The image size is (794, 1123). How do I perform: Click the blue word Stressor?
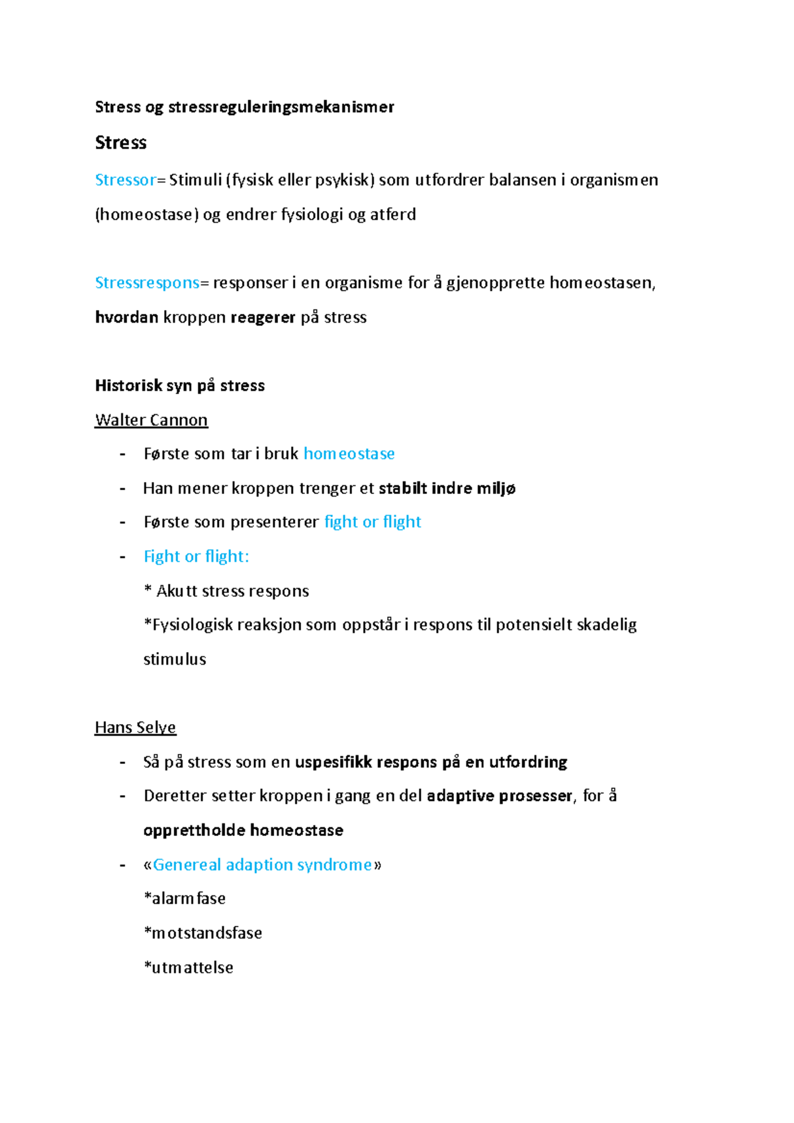pyautogui.click(x=125, y=180)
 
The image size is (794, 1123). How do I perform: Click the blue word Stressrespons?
pyautogui.click(x=147, y=282)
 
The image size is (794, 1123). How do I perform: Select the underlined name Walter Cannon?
pyautogui.click(x=151, y=420)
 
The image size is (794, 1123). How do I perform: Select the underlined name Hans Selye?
pyautogui.click(x=135, y=728)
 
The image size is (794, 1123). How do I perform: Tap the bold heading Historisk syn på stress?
pyautogui.click(x=179, y=386)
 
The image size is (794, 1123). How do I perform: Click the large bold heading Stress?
pyautogui.click(x=120, y=143)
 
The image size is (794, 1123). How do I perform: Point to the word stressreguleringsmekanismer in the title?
pyautogui.click(x=281, y=107)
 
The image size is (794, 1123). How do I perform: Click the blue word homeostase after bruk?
pyautogui.click(x=349, y=454)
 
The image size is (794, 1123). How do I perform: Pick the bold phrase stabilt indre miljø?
pyautogui.click(x=447, y=488)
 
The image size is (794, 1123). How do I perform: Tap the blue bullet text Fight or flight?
pyautogui.click(x=196, y=556)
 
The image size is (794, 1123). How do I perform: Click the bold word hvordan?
pyautogui.click(x=126, y=317)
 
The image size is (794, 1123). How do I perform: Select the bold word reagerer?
pyautogui.click(x=262, y=317)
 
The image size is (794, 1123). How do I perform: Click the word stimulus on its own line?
pyautogui.click(x=175, y=659)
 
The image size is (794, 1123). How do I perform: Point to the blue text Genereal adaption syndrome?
pyautogui.click(x=262, y=864)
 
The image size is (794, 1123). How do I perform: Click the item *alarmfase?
pyautogui.click(x=185, y=899)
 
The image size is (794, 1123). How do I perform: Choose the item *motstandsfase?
pyautogui.click(x=202, y=933)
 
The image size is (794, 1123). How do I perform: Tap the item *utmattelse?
pyautogui.click(x=189, y=968)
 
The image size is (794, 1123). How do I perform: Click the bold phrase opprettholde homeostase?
pyautogui.click(x=243, y=830)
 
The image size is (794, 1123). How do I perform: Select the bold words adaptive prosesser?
pyautogui.click(x=499, y=796)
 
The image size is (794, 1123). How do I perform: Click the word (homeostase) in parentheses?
pyautogui.click(x=146, y=214)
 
